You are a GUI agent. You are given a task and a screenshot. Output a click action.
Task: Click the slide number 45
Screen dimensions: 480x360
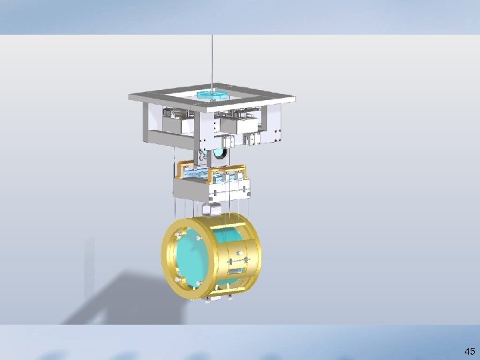coord(469,351)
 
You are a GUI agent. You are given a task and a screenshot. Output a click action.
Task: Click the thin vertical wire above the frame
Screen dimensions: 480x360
coord(212,62)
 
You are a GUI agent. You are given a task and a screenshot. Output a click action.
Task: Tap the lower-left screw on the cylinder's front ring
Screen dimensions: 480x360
coord(178,279)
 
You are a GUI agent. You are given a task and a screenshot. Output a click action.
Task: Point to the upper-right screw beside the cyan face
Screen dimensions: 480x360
coord(199,238)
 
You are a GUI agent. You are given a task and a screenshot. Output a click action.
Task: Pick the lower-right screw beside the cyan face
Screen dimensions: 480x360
coord(199,283)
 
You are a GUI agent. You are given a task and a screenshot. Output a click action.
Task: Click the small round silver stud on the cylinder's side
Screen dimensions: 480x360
coord(239,253)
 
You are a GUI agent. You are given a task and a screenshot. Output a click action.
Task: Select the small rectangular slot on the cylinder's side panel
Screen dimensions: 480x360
coord(236,271)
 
